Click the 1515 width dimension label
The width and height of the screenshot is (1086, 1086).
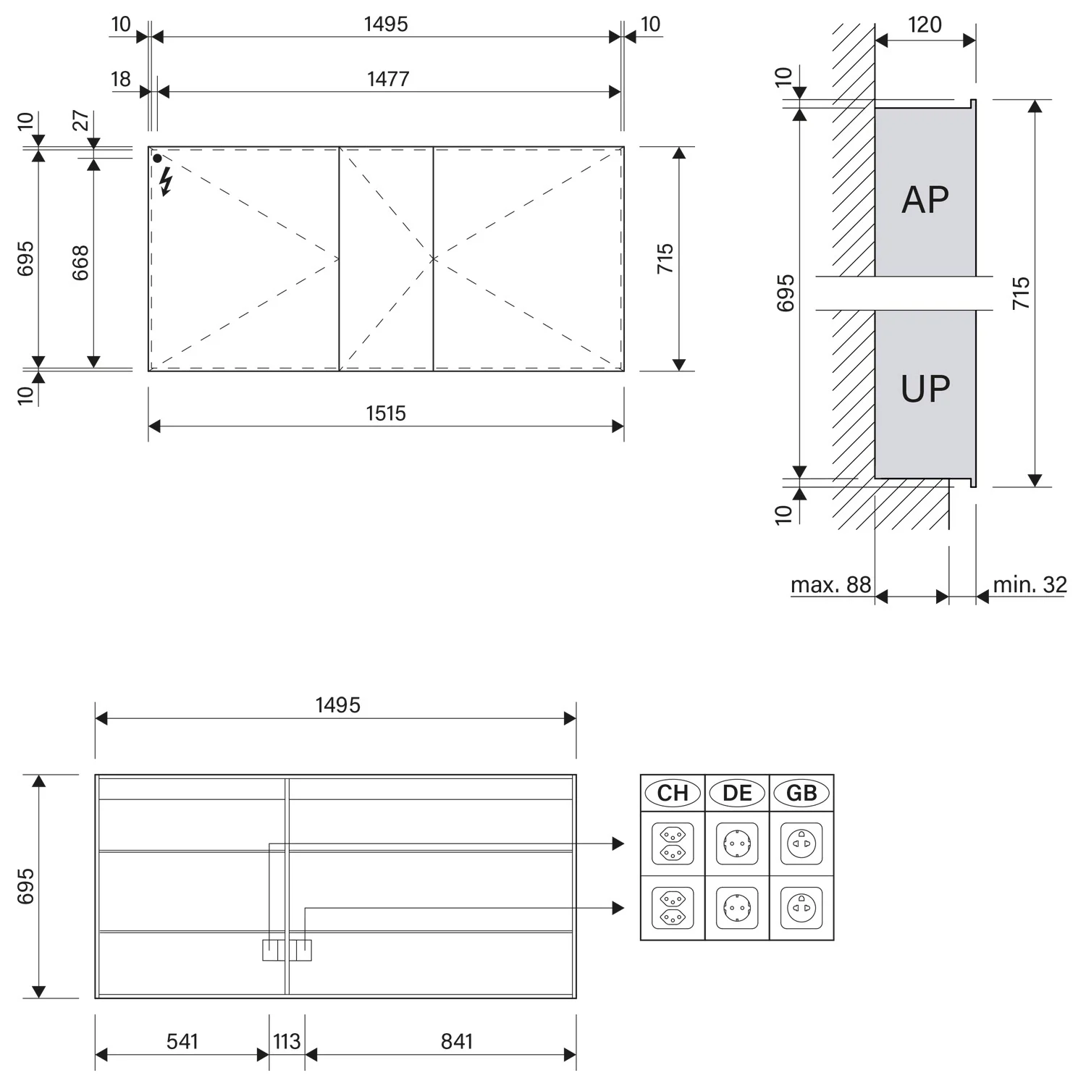click(386, 413)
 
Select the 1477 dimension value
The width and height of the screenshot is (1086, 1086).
click(388, 78)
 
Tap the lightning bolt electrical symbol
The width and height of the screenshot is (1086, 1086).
click(167, 182)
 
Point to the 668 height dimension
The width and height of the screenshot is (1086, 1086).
click(80, 263)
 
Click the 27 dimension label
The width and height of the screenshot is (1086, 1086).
click(80, 120)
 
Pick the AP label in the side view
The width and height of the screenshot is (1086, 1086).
click(925, 199)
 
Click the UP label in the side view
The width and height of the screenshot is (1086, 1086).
click(925, 389)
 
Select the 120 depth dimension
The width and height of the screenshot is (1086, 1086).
click(925, 25)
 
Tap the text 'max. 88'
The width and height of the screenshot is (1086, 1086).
click(830, 584)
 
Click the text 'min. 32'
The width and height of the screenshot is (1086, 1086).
click(1030, 584)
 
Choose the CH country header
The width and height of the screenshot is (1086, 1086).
click(673, 793)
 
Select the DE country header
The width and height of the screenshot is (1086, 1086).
click(737, 793)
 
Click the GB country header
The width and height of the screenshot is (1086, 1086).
click(801, 793)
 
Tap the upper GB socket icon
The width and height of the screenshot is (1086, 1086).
click(801, 843)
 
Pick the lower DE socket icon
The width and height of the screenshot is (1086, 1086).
click(737, 908)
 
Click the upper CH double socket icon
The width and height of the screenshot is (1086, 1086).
click(673, 843)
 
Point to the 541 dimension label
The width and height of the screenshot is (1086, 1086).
click(182, 1041)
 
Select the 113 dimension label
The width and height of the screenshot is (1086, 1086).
click(287, 1041)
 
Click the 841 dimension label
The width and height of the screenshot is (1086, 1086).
click(456, 1041)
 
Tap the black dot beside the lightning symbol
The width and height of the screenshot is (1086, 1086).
click(157, 158)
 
